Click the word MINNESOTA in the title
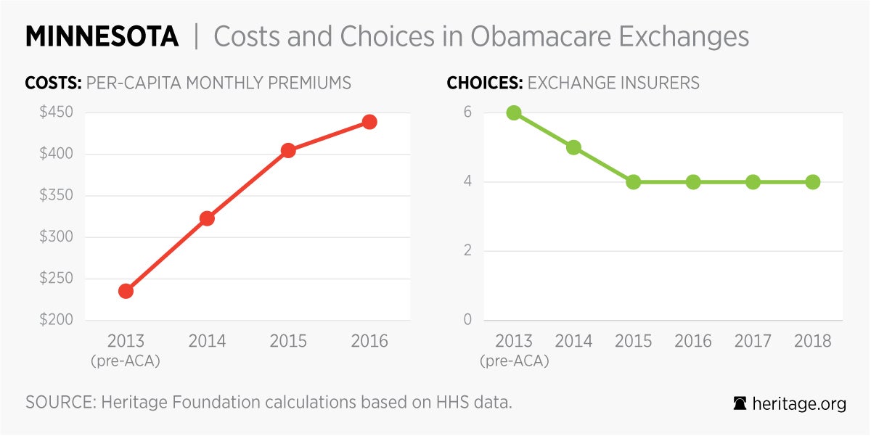click(102, 37)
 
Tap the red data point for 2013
click(126, 291)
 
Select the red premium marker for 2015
click(288, 151)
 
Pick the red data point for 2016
click(369, 122)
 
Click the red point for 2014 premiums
click(207, 218)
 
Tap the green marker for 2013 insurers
click(514, 112)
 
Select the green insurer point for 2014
click(573, 147)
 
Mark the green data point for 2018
click(813, 182)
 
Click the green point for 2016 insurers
click(693, 182)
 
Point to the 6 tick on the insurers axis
click(468, 112)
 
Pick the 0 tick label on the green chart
click(468, 320)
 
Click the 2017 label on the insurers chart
click(753, 341)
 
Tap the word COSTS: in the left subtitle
click(53, 83)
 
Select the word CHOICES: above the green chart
click(484, 83)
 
